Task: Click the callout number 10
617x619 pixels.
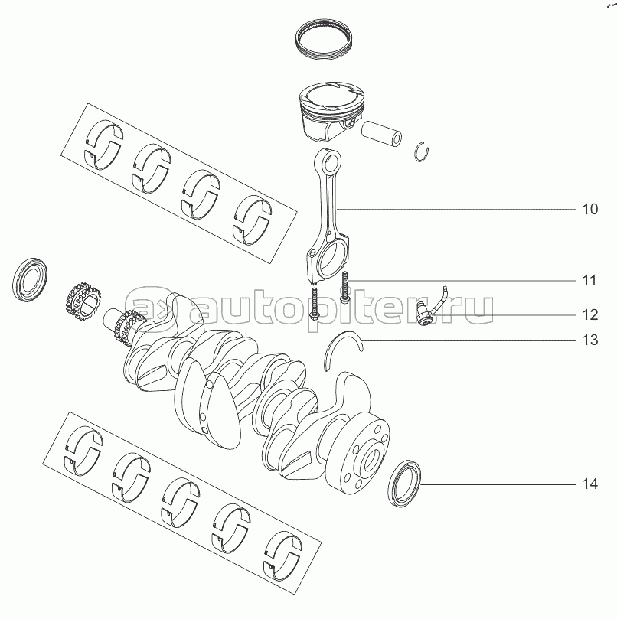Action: [x=590, y=209]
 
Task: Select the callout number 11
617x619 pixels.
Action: [x=589, y=281]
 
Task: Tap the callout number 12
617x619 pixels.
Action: [x=590, y=314]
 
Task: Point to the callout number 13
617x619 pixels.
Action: [x=590, y=340]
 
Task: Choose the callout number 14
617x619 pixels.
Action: [x=590, y=484]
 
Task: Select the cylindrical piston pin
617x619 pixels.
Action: [x=381, y=133]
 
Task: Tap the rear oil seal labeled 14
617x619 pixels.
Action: [x=403, y=484]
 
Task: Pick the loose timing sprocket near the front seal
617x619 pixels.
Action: [x=83, y=302]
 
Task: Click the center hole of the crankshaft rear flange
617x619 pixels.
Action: [x=370, y=460]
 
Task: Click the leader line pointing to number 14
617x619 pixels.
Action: [x=498, y=484]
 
